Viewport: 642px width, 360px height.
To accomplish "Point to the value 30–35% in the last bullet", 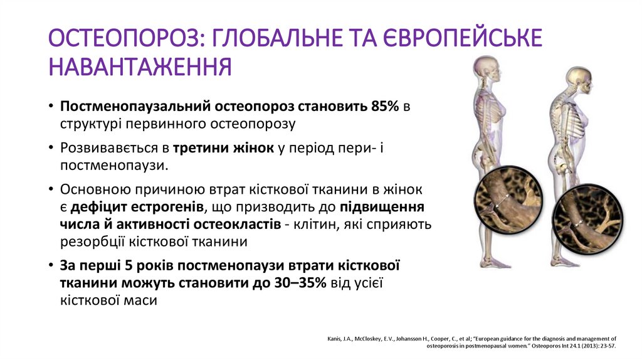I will (300, 283).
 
